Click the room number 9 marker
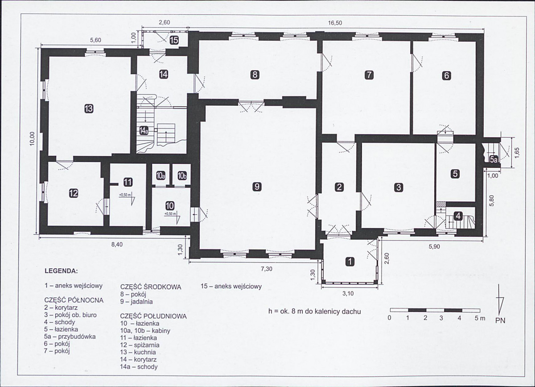pyautogui.click(x=257, y=186)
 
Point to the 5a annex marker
pyautogui.click(x=494, y=159)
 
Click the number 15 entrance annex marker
pyautogui.click(x=174, y=41)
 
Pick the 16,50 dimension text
pyautogui.click(x=335, y=23)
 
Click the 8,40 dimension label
pyautogui.click(x=117, y=245)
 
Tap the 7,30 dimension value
pyautogui.click(x=267, y=269)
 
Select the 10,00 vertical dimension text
pyautogui.click(x=33, y=138)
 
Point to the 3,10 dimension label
pyautogui.click(x=348, y=293)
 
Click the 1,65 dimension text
pyautogui.click(x=517, y=153)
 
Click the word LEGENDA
pyautogui.click(x=61, y=271)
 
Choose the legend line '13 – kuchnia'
pyautogui.click(x=138, y=352)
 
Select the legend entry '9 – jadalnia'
pyautogui.click(x=136, y=302)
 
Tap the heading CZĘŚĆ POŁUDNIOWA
pyautogui.click(x=153, y=316)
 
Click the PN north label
pyautogui.click(x=500, y=320)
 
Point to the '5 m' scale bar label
pyautogui.click(x=480, y=318)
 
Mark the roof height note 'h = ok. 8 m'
pyautogui.click(x=289, y=312)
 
